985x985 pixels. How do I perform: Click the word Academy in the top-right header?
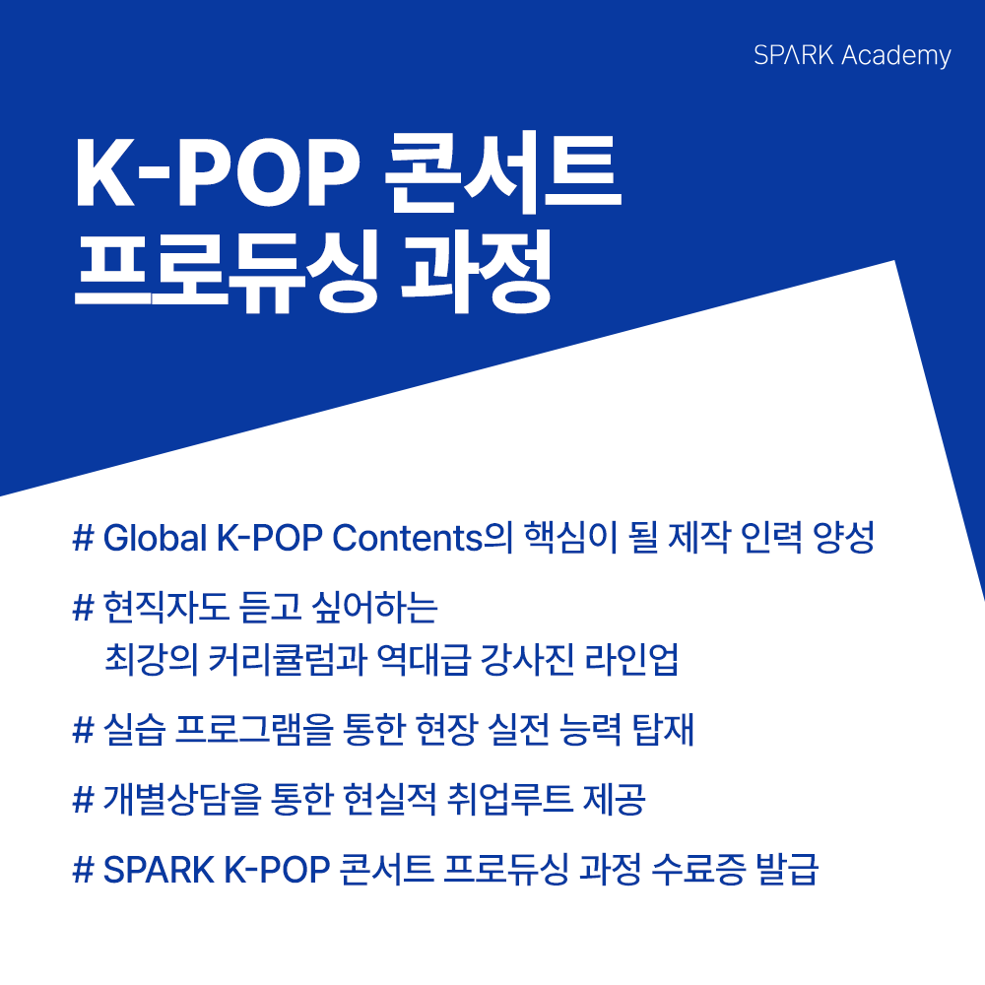pos(896,55)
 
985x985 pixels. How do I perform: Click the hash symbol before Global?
pos(83,540)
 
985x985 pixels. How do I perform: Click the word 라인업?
pos(645,659)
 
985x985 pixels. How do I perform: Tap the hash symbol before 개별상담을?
pos(83,801)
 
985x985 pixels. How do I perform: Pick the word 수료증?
pos(686,871)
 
